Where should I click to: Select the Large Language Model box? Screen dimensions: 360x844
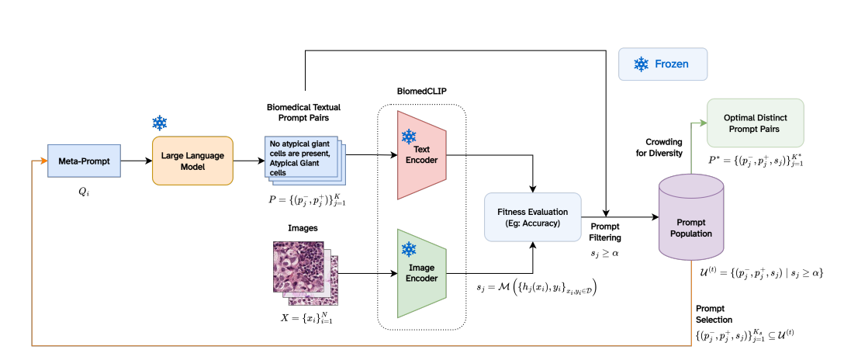(x=192, y=161)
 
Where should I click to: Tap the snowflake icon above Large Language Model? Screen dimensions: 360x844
(x=159, y=123)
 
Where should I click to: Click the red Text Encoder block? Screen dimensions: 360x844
(x=421, y=154)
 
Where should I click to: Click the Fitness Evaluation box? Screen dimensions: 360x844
(x=532, y=216)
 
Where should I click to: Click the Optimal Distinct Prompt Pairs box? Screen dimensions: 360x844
(x=755, y=123)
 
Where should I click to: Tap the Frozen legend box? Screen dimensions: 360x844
(x=662, y=64)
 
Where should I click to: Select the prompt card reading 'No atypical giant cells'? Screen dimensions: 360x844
(x=303, y=157)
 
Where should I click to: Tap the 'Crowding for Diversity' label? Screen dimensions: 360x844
(x=663, y=147)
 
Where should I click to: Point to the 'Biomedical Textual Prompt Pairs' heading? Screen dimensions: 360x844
(x=303, y=112)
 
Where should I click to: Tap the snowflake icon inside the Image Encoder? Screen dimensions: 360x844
(x=409, y=249)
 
